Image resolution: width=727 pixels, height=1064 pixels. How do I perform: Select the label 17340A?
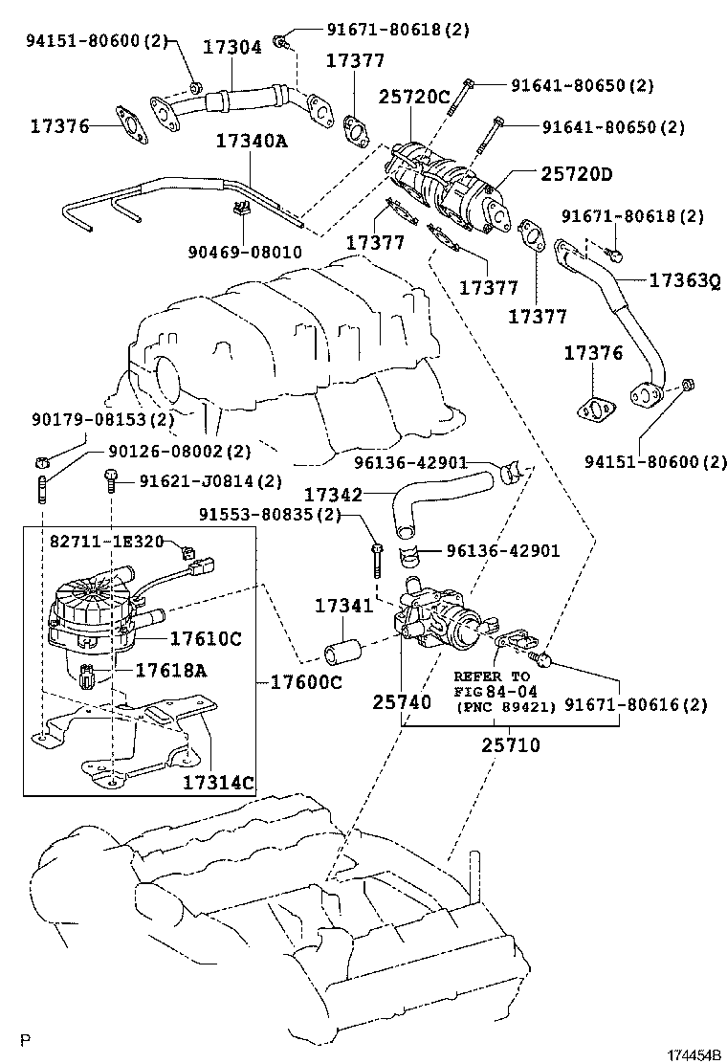[x=251, y=141]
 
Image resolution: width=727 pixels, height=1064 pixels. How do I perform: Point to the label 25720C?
[x=413, y=97]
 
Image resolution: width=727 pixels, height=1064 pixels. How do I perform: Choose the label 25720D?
[x=575, y=173]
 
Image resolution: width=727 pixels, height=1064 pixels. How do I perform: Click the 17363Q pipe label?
[x=683, y=280]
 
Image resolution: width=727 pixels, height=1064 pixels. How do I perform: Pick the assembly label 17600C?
[x=305, y=682]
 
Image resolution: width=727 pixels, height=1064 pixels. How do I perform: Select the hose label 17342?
[x=333, y=495]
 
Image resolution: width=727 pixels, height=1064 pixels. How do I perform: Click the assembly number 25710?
[x=510, y=743]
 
